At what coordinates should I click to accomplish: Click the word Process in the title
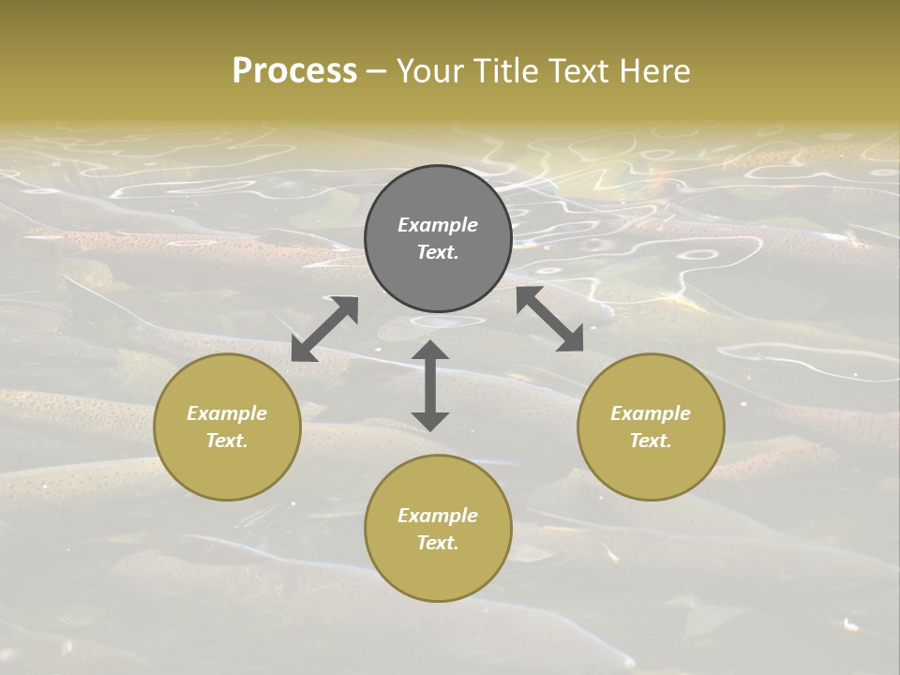[294, 71]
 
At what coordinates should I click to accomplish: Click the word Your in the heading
[427, 71]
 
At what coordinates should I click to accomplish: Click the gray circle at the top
[438, 187]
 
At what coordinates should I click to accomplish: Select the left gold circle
[227, 469]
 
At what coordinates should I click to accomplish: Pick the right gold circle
[651, 469]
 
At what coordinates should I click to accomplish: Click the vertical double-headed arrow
[430, 385]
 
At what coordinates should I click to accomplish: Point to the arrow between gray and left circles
[324, 329]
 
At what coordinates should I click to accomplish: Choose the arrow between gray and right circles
[550, 320]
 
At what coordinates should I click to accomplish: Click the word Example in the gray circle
[438, 225]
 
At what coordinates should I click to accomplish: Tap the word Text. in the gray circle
[438, 252]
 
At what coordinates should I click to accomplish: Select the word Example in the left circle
[227, 413]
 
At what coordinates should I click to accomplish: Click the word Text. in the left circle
[227, 441]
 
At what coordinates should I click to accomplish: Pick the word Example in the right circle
[651, 413]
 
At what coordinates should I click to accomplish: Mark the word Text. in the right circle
[651, 441]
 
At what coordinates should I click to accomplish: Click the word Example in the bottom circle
[438, 516]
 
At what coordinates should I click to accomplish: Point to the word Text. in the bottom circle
[438, 543]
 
